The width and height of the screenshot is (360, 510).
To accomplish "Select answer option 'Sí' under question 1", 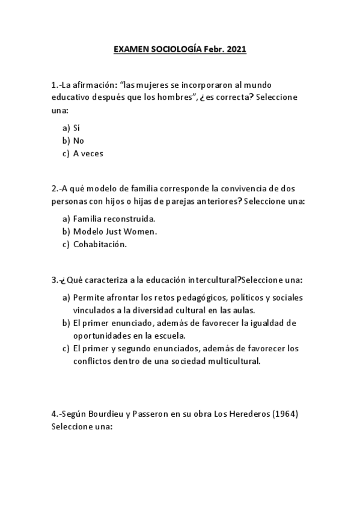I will coord(76,127).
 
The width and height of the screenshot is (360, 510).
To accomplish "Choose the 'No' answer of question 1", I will coord(79,141).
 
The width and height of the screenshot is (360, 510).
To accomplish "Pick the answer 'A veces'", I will coord(88,153).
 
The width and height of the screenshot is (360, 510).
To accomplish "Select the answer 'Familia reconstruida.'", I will coord(114,218).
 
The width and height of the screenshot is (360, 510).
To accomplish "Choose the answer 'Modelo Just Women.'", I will coord(115,231).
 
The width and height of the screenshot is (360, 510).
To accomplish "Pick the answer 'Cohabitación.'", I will coord(100,244).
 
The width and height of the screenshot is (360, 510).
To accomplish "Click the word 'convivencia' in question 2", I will coord(235,188).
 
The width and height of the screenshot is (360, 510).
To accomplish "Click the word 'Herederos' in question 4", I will coord(251,414).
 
